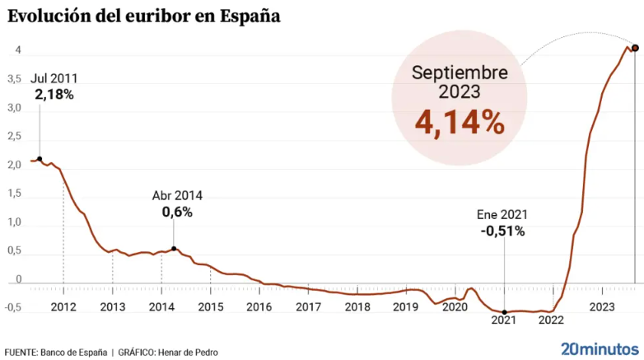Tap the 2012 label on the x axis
coord(63,307)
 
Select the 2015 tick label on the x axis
coord(210,307)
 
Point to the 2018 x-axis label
coord(357,307)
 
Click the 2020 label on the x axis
coord(455,307)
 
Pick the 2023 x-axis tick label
coord(602,307)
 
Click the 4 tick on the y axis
coord(16,51)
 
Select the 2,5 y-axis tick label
coord(13,137)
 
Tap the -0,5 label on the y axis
coord(12,309)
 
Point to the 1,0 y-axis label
coord(13,222)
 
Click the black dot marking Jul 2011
coord(40,159)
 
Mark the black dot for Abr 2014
coord(173,249)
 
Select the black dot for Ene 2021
coord(504,312)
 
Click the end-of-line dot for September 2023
coord(635,47)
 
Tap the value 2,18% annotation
coord(54,95)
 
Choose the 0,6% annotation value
coord(177,212)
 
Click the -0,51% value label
coord(502,231)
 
